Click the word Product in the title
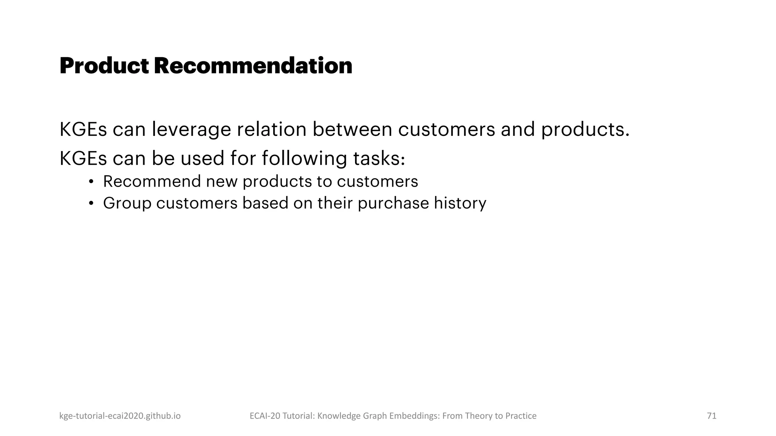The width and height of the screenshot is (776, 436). (x=104, y=66)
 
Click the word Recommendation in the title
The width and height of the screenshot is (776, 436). (x=253, y=66)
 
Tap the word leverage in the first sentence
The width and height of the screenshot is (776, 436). (x=191, y=129)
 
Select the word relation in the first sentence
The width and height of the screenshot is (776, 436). (x=271, y=129)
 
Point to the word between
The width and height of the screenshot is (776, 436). (x=352, y=129)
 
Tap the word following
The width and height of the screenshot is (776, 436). (x=304, y=158)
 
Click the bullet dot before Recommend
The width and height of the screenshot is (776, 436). (x=91, y=182)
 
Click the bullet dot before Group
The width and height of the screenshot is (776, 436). (x=91, y=204)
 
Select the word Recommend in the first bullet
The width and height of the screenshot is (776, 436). (x=152, y=182)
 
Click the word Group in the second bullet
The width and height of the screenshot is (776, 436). (x=127, y=203)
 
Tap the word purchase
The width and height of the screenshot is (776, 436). (x=393, y=203)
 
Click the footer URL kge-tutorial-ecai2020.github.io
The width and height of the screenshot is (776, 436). (x=120, y=416)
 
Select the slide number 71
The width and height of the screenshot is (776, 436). (x=712, y=416)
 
